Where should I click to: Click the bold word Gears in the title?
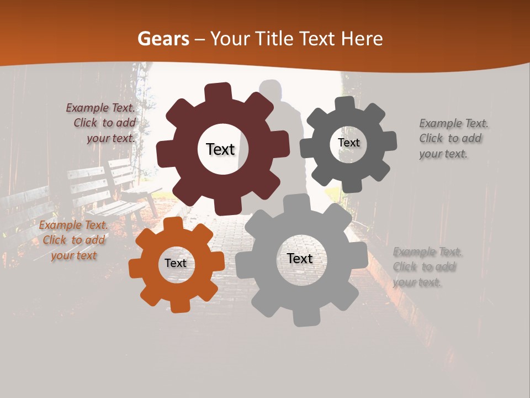[163, 39]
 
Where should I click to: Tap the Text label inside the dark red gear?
[220, 149]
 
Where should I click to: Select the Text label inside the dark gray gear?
[348, 143]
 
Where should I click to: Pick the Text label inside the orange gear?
[176, 263]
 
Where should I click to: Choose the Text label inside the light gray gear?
[300, 259]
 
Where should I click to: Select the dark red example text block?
[102, 123]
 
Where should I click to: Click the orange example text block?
[73, 240]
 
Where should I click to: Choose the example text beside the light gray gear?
[427, 267]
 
